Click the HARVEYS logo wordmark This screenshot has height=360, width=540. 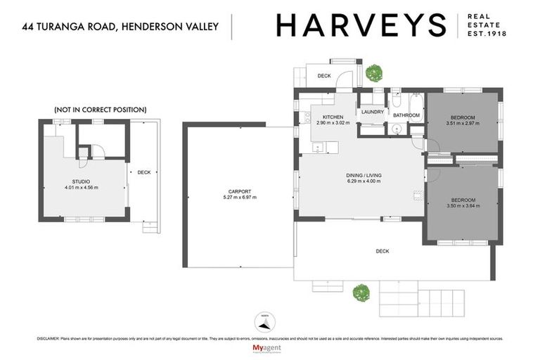pos(361,25)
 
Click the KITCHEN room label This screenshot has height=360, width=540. pos(333,117)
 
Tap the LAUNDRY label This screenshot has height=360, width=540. pos(371,112)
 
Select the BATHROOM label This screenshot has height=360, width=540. pos(406,115)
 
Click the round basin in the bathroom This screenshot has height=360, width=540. pos(395,129)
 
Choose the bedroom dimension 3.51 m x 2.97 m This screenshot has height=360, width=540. pos(462,124)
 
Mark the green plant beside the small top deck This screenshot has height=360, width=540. pos(373,72)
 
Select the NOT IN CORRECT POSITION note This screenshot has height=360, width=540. pos(100,110)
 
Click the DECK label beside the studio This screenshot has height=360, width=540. pos(143,172)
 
